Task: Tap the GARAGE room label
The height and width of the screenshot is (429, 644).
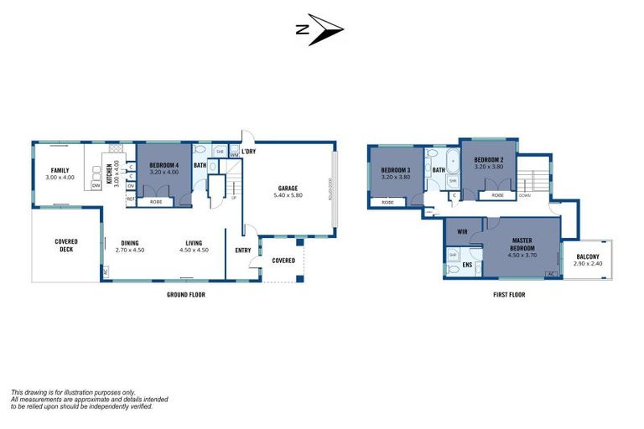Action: click(x=288, y=188)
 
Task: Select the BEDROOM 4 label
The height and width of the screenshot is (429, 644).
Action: click(x=164, y=165)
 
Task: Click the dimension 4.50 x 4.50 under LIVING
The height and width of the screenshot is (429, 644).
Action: click(x=196, y=250)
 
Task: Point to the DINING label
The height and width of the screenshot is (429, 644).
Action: click(x=129, y=243)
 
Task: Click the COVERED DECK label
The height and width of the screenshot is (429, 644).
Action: click(x=66, y=246)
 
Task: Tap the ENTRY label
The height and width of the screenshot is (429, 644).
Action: click(x=243, y=250)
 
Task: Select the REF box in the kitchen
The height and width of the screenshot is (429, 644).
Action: click(x=131, y=199)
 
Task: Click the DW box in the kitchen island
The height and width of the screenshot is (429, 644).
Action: click(x=96, y=185)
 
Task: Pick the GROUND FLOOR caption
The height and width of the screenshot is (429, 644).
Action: click(x=185, y=295)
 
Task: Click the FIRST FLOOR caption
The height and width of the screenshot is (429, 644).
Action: click(x=508, y=295)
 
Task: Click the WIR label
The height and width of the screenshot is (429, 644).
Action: click(x=462, y=231)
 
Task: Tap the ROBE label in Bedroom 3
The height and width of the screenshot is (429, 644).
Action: click(x=387, y=202)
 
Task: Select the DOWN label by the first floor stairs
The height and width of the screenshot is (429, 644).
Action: click(x=524, y=195)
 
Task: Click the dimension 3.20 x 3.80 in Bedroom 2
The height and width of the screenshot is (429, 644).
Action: click(x=488, y=166)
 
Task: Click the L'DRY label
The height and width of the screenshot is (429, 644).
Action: click(x=248, y=151)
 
